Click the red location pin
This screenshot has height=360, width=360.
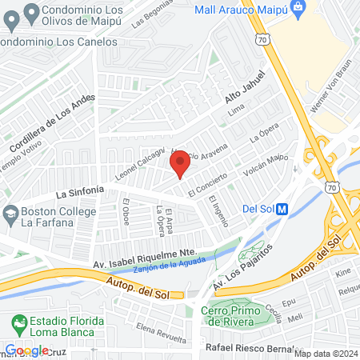coord(180,165)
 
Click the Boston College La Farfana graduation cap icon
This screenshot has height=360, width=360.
coord(10,214)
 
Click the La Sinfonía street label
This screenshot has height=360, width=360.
coord(80,191)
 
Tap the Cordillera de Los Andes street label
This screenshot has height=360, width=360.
coord(52,123)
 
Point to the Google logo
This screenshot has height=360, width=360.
coord(26,350)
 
